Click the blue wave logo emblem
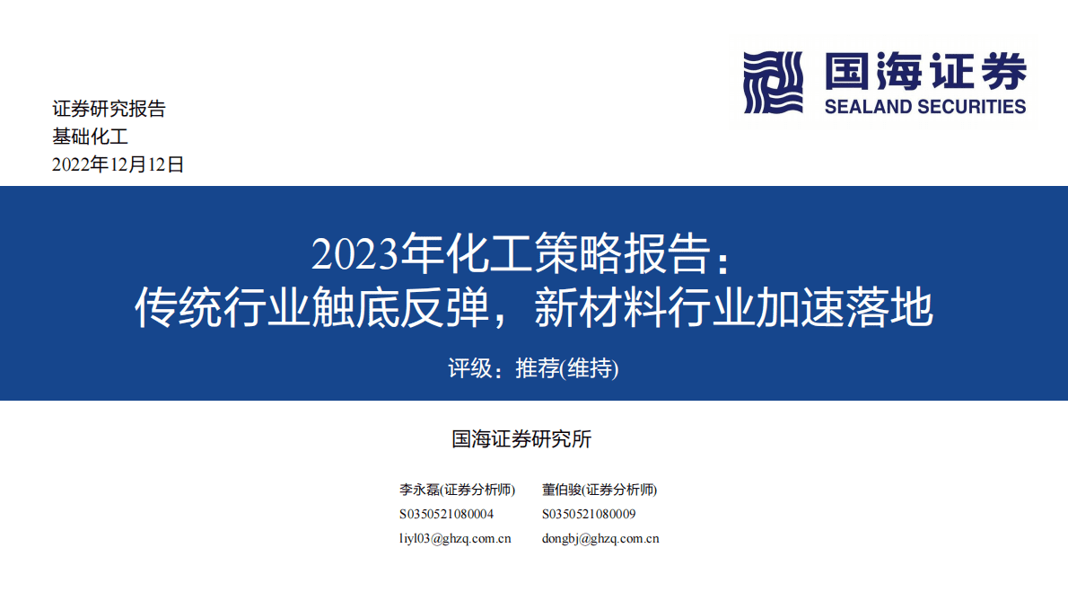tap(774, 82)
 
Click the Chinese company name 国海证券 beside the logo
tap(924, 71)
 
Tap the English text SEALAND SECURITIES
tap(924, 107)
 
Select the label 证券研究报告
tap(109, 110)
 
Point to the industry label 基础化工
tap(91, 137)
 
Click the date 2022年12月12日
tap(118, 164)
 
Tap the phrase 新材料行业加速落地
tap(733, 309)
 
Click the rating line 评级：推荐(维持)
tap(533, 368)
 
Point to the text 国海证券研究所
tap(521, 439)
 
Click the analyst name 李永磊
tap(419, 491)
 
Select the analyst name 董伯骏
tap(562, 491)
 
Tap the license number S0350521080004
tap(446, 515)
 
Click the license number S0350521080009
tap(589, 515)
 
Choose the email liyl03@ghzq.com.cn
tap(455, 539)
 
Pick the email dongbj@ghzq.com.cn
tap(600, 539)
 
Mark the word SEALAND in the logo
tap(867, 107)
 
